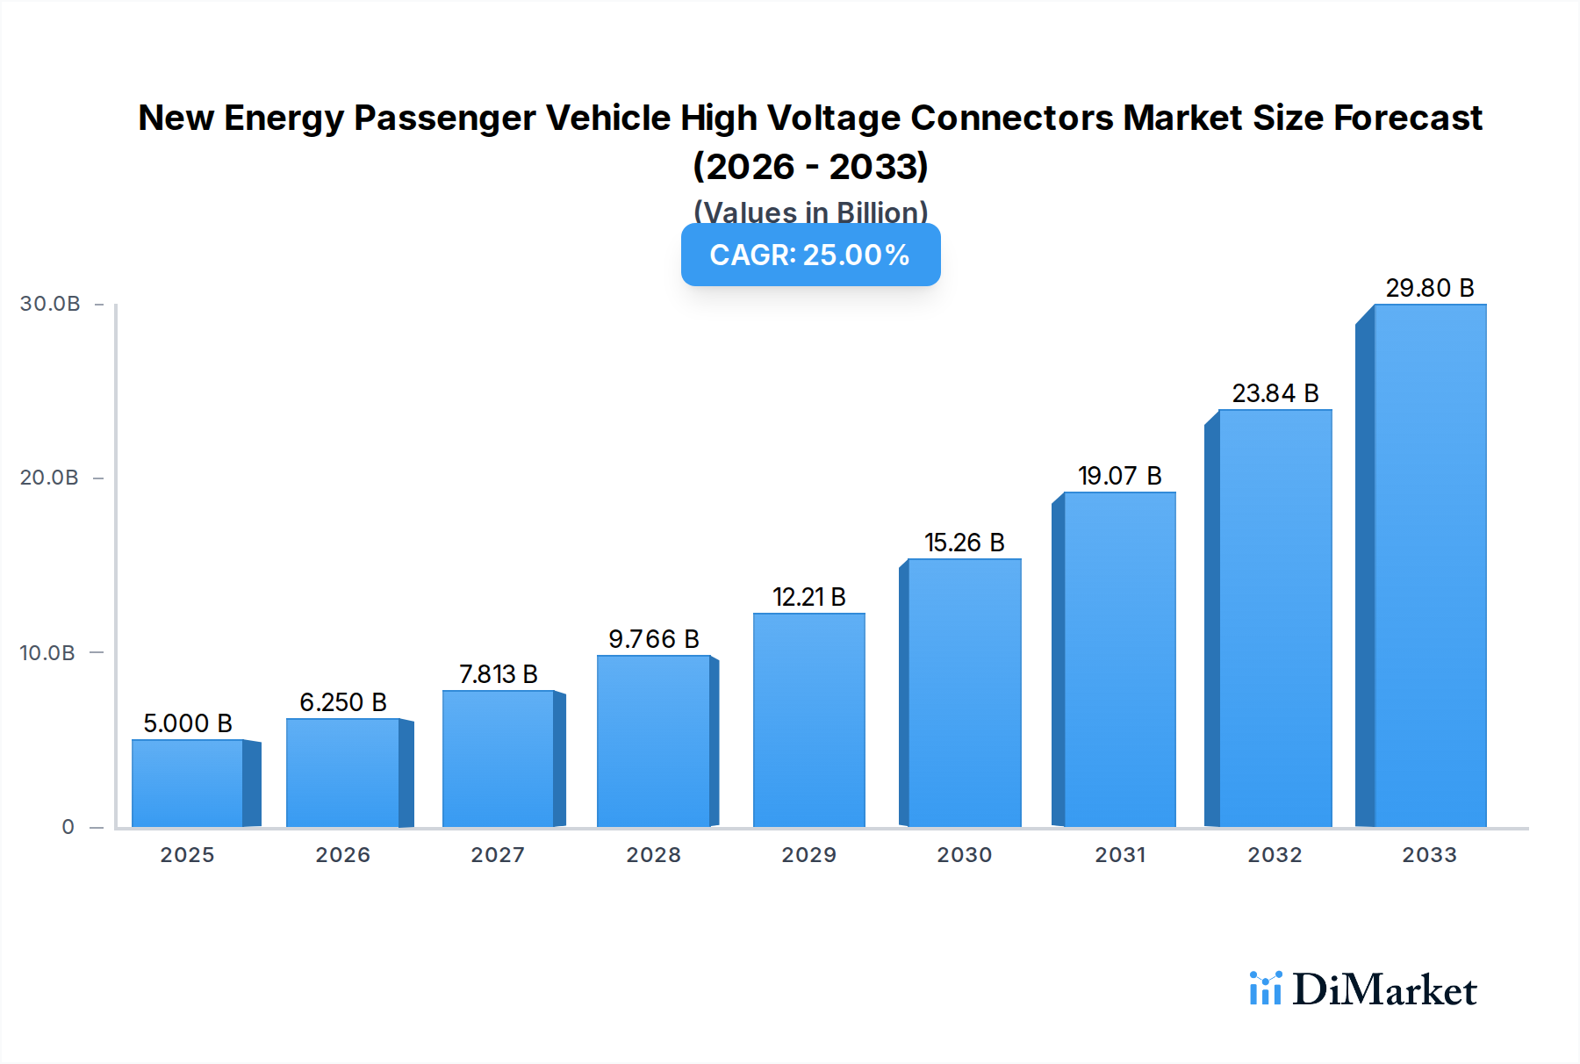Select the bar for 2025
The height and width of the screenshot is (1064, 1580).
pyautogui.click(x=188, y=783)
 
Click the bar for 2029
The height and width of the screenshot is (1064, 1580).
pyautogui.click(x=808, y=720)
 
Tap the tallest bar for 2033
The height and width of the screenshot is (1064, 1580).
pyautogui.click(x=1429, y=566)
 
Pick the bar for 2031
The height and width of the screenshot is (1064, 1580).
pyautogui.click(x=1119, y=659)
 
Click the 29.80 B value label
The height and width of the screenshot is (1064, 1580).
pyautogui.click(x=1429, y=288)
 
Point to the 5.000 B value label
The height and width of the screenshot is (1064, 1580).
pyautogui.click(x=188, y=723)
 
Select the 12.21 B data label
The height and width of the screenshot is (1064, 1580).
pyautogui.click(x=808, y=597)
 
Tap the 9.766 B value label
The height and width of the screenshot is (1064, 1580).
pyautogui.click(x=653, y=639)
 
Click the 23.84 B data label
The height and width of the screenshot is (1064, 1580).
pyautogui.click(x=1275, y=393)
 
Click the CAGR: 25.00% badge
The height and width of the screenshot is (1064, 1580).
pyautogui.click(x=810, y=255)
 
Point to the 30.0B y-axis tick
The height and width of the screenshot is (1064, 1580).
pyautogui.click(x=50, y=304)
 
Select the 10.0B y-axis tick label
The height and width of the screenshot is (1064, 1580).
pyautogui.click(x=47, y=653)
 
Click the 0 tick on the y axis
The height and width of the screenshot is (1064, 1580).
pyautogui.click(x=68, y=827)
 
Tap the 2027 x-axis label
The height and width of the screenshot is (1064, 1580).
pyautogui.click(x=498, y=855)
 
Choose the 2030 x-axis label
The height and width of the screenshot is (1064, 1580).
pyautogui.click(x=964, y=855)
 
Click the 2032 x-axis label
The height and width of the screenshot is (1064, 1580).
pyautogui.click(x=1275, y=855)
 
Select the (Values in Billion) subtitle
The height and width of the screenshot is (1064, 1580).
pyautogui.click(x=810, y=212)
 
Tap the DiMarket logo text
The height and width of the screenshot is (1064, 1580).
pyautogui.click(x=1384, y=990)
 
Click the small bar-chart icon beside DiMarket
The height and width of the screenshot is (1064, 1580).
pyautogui.click(x=1265, y=989)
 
